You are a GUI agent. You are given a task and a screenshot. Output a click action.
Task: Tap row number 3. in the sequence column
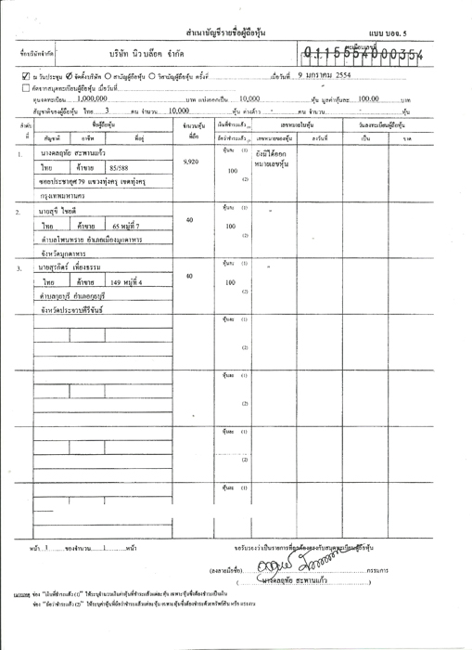point(19,270)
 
